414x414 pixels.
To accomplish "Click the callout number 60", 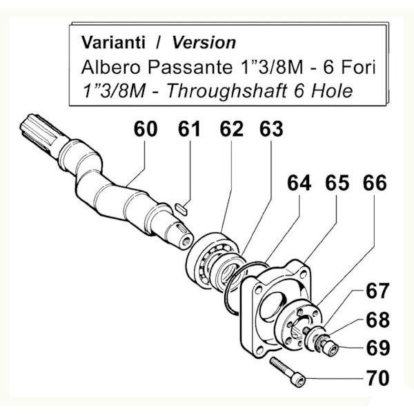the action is pos(146,129).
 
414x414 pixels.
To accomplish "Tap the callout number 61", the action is pos(189,129).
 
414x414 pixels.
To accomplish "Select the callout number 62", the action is pos(232,129).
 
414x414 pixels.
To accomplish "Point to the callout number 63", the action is pos(271,129).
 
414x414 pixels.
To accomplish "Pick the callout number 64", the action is pos(299,183).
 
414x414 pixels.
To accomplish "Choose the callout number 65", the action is pos(337,183).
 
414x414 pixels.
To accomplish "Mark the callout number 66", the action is pos(375,183).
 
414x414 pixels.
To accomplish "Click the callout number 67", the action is pos(377,290).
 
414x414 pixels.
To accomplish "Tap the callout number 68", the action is pos(378,319).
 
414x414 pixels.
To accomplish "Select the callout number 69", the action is pos(378,348).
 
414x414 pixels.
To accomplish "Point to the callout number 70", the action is pos(378,378).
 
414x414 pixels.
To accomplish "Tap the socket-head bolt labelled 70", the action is pos(288,372).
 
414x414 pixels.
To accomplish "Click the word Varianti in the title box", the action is pos(113,43).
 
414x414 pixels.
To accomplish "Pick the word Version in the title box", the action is pos(204,43).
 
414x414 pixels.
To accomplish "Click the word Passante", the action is pos(190,67).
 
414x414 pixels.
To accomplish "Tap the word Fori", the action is pos(358,67).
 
